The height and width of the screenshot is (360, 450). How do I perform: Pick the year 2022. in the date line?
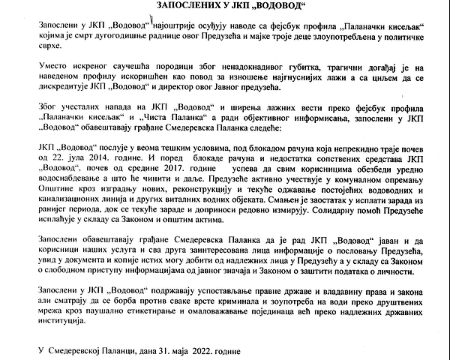click(x=194, y=350)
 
